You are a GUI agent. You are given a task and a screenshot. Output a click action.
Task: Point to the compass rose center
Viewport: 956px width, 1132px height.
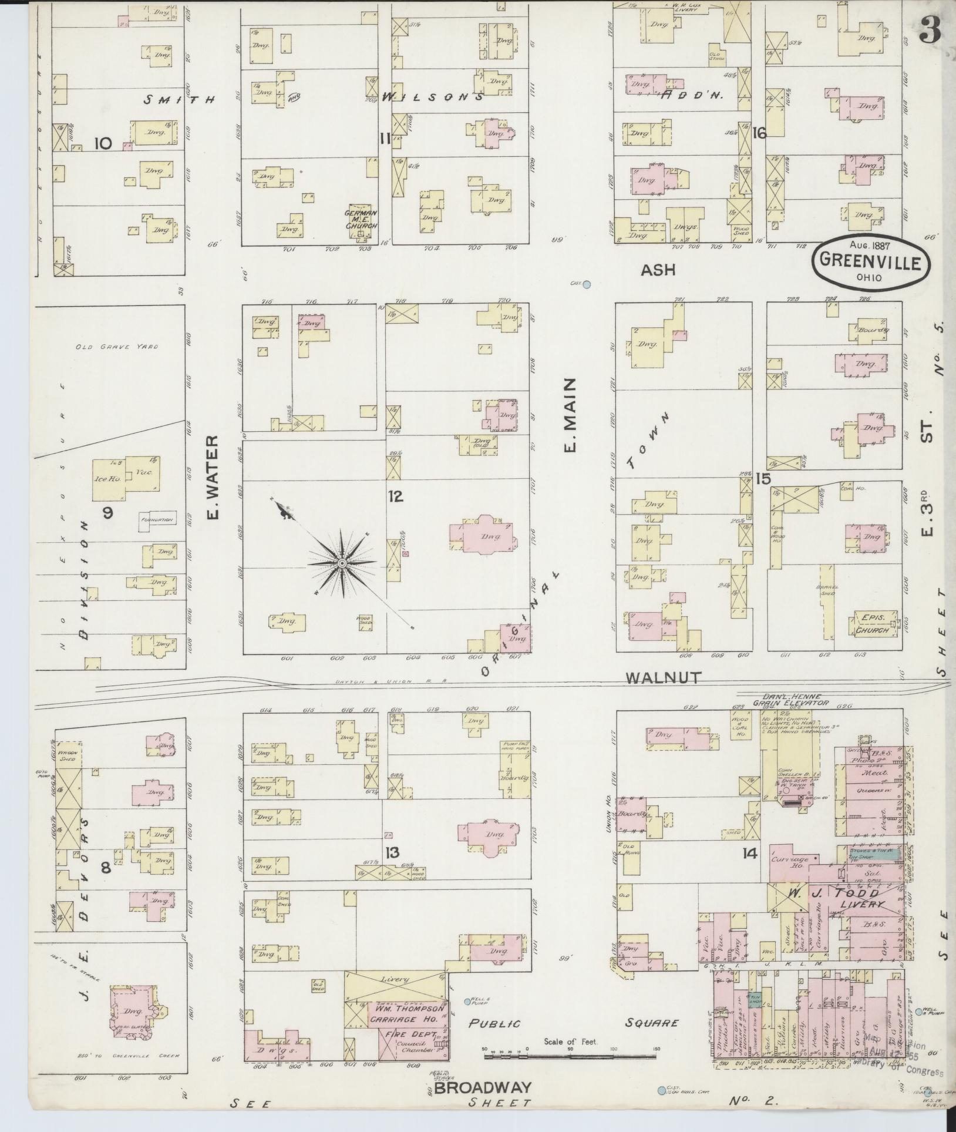[x=341, y=563]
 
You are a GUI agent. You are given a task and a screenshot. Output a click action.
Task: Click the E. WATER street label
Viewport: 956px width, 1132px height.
[x=213, y=477]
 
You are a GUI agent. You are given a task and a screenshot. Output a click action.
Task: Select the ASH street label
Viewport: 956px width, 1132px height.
[x=658, y=270]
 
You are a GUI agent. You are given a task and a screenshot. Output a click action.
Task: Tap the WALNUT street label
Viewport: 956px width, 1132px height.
[x=663, y=677]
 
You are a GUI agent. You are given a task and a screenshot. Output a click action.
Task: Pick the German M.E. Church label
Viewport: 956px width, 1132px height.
[x=361, y=219]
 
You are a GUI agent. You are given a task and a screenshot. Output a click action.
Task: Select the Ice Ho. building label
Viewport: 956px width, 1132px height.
[x=107, y=479]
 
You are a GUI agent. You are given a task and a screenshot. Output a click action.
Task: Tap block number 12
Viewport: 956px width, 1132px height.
[x=395, y=497]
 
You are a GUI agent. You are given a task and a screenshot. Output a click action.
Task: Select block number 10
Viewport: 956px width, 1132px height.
[x=103, y=143]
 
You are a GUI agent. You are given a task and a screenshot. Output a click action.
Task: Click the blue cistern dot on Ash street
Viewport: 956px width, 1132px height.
[x=585, y=284]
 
